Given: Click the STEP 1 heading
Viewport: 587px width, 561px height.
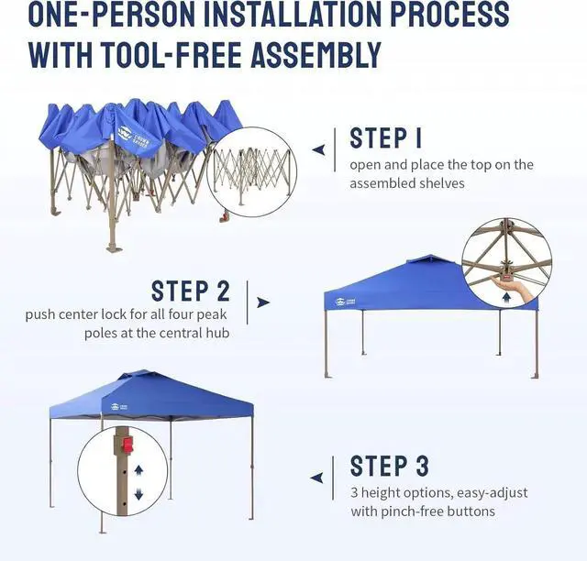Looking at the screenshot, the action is (x=386, y=138).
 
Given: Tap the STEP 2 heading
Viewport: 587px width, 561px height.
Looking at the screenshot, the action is (x=191, y=291).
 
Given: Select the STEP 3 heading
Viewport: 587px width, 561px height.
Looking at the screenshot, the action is (x=390, y=466).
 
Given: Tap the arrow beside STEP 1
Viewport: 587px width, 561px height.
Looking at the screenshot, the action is (x=318, y=148).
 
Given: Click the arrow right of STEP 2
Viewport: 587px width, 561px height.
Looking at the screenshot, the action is (x=263, y=302).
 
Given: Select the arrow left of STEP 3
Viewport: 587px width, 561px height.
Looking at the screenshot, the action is (x=316, y=477).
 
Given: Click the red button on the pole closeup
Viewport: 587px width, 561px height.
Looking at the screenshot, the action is (x=126, y=447).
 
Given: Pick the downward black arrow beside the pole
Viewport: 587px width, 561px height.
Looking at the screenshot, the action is (x=138, y=495).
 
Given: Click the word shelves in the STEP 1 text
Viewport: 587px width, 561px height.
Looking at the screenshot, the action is (x=446, y=183).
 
